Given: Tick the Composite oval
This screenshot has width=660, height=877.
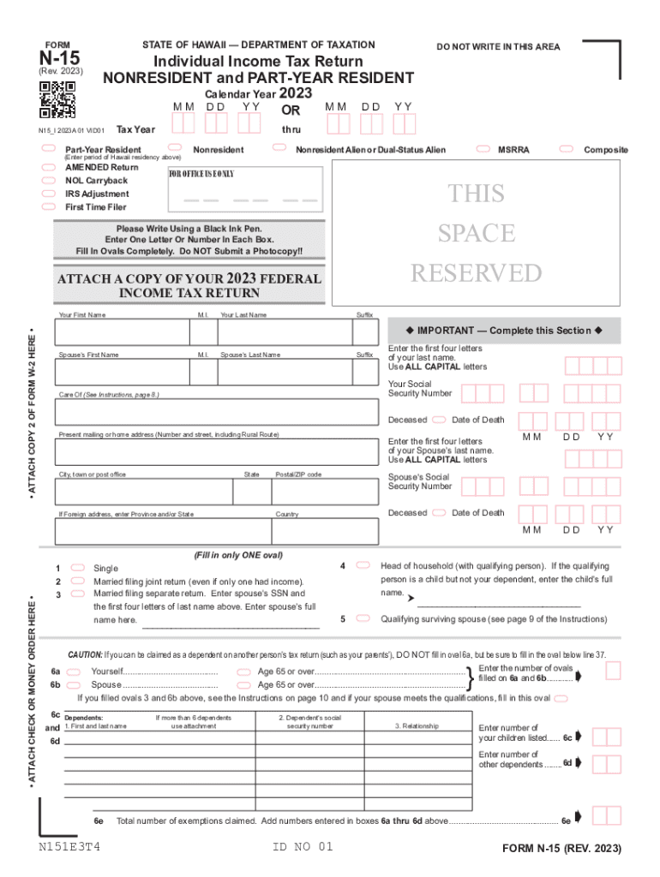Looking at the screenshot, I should (567, 149).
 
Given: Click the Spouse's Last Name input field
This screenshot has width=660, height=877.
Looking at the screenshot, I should (285, 371).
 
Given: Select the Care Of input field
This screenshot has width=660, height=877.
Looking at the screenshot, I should (214, 411).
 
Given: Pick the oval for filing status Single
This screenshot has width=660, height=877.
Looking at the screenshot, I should (77, 568).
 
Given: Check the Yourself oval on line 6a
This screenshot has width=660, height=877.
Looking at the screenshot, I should (74, 671).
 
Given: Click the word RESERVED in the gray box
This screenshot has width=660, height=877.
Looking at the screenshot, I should (477, 273).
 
